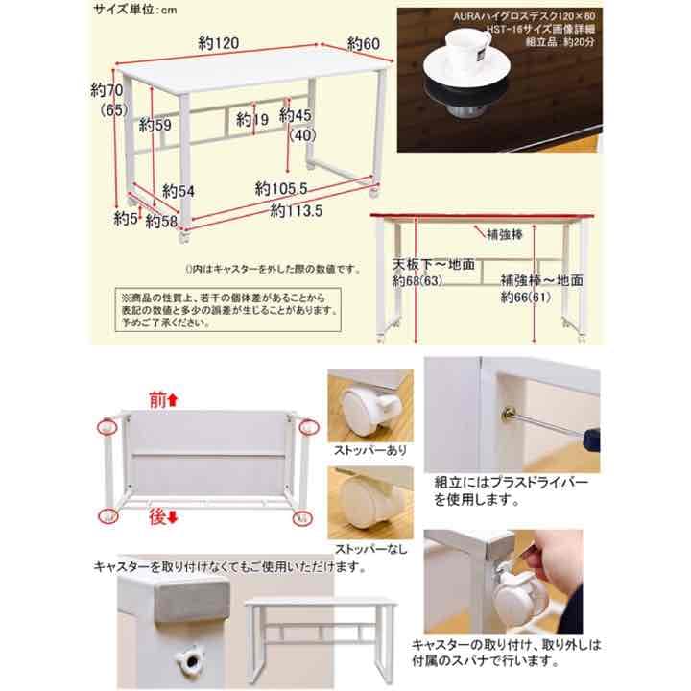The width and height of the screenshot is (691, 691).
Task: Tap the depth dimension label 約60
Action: coord(365,43)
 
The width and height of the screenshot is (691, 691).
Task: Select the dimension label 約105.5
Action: coord(281,188)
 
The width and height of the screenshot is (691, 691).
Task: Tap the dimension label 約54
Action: coord(179,191)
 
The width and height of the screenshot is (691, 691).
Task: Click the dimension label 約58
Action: coord(162,222)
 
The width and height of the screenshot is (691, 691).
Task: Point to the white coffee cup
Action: coord(463,60)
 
